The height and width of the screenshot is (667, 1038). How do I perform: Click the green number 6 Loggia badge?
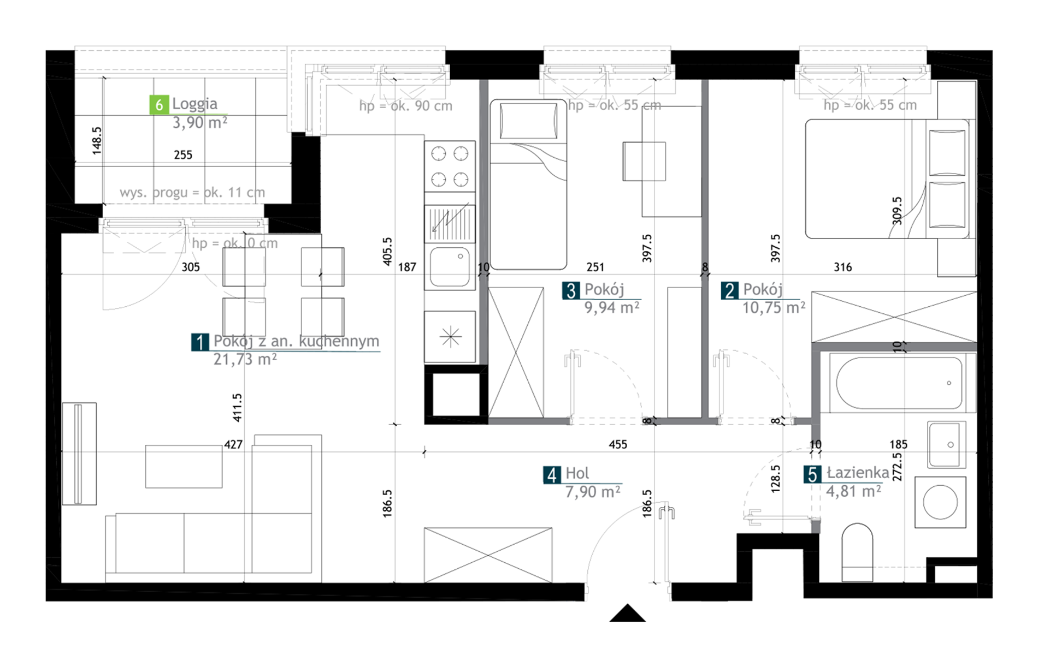pyautogui.click(x=158, y=104)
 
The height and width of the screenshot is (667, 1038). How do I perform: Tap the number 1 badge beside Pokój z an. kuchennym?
pyautogui.click(x=200, y=342)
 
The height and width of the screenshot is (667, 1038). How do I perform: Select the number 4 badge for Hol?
pyautogui.click(x=552, y=475)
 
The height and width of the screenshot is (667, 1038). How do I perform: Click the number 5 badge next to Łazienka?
pyautogui.click(x=812, y=474)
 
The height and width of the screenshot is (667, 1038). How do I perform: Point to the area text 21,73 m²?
pyautogui.click(x=245, y=359)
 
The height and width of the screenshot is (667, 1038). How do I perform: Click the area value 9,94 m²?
pyautogui.click(x=612, y=308)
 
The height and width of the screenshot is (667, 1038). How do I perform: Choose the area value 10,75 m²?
pyautogui.click(x=774, y=308)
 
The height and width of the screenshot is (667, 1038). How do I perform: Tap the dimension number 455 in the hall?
pyautogui.click(x=618, y=445)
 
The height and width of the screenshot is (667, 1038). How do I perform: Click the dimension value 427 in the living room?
pyautogui.click(x=233, y=445)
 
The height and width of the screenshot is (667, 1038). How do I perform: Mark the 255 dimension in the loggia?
pyautogui.click(x=183, y=155)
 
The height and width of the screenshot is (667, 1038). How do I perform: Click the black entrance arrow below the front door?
pyautogui.click(x=628, y=613)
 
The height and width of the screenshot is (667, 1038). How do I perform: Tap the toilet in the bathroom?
pyautogui.click(x=857, y=552)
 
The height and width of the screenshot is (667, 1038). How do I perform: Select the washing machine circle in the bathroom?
pyautogui.click(x=940, y=502)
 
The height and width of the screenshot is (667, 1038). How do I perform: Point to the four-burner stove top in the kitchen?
pyautogui.click(x=450, y=166)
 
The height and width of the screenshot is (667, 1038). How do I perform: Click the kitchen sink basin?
pyautogui.click(x=450, y=267)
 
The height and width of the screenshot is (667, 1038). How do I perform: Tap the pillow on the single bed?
pyautogui.click(x=528, y=121)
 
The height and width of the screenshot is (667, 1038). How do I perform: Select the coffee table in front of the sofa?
pyautogui.click(x=184, y=467)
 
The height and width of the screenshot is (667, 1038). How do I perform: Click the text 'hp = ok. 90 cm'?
pyautogui.click(x=406, y=106)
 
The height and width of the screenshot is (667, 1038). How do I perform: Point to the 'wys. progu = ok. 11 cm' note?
pyautogui.click(x=192, y=192)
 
